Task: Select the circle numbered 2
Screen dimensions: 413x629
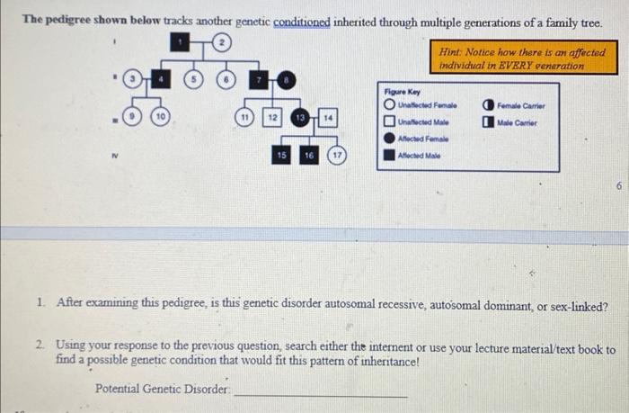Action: [221, 42]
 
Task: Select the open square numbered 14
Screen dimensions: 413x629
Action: [329, 119]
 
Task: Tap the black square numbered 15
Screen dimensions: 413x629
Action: [281, 156]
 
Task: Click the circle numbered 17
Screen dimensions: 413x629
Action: [338, 156]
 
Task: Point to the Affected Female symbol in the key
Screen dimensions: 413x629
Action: [388, 138]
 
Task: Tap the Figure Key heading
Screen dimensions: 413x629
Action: [402, 92]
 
